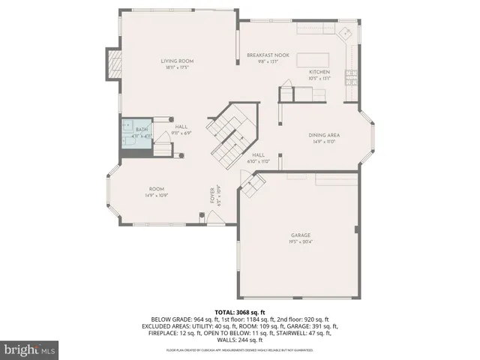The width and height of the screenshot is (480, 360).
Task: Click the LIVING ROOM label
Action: [177, 61]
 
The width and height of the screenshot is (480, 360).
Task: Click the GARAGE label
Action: [301, 235]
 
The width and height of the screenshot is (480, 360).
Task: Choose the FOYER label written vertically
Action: [213, 196]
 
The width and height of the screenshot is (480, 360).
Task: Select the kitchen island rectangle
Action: [313, 60]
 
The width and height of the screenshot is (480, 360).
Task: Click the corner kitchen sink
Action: [347, 34]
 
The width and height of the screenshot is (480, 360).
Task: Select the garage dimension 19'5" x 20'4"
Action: [301, 241]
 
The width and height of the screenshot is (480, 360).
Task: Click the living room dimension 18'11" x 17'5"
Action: [177, 67]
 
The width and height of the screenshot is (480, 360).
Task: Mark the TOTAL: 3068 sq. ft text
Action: [239, 311]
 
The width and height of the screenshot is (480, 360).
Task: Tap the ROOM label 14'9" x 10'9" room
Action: [156, 189]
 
